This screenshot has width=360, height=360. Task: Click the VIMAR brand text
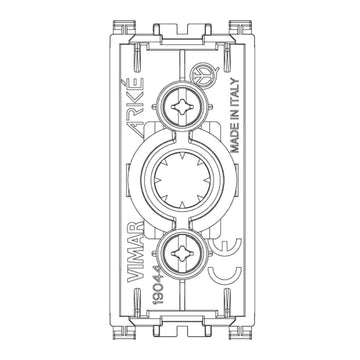coord(136,251)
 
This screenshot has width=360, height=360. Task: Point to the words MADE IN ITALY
coord(235,115)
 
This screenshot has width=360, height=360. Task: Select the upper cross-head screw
coord(182,107)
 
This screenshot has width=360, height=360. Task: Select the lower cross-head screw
coord(182,254)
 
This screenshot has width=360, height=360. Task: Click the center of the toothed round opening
coord(182,180)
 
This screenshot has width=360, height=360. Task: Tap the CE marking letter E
coord(225,249)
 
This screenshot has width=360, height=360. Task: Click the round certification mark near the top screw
coord(203,76)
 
